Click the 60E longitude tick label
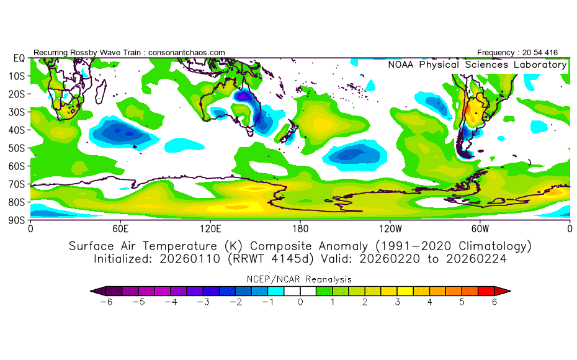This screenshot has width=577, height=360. pos(120,228)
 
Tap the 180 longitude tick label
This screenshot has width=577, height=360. pos(300,228)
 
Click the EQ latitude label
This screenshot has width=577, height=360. pos(19,58)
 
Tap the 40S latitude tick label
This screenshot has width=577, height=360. pos(17,130)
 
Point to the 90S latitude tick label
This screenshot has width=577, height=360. pos(17,220)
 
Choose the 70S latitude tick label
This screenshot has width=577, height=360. pos(17,184)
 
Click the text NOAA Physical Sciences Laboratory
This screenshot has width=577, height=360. pos(477,65)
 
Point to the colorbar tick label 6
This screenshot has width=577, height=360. pos(494,302)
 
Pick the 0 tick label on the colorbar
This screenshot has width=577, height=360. pos(300,302)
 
